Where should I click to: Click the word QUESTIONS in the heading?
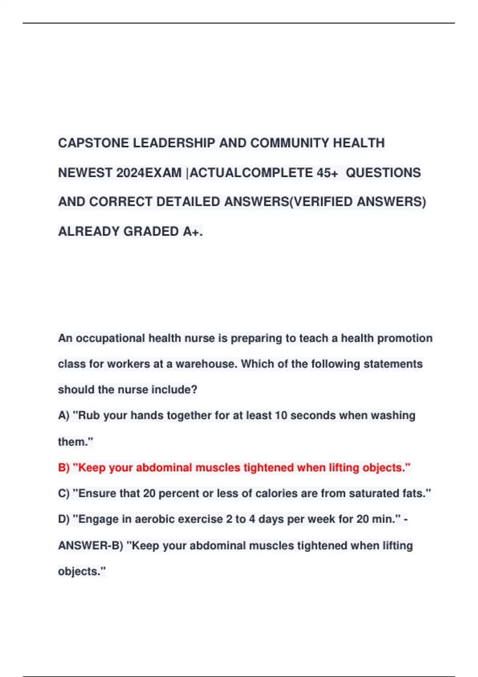(x=383, y=173)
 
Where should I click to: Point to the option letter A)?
(x=64, y=416)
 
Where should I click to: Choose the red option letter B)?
(x=64, y=468)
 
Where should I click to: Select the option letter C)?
(x=64, y=494)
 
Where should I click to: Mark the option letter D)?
(x=64, y=520)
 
